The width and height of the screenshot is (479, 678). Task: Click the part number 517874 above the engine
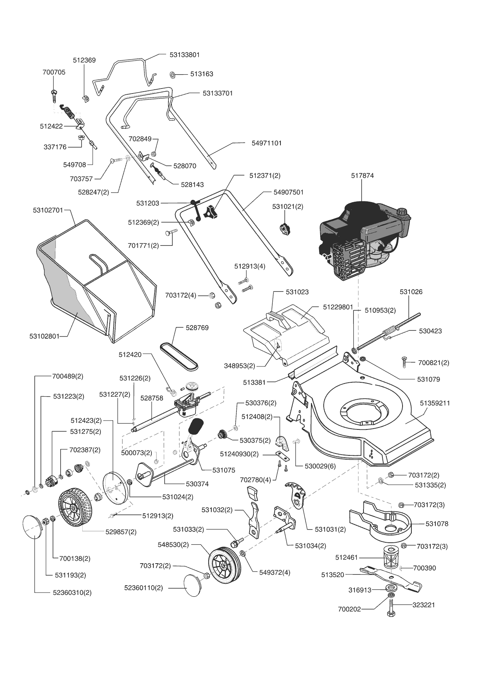pos(362,175)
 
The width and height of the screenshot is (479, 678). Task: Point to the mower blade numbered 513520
pos(391,579)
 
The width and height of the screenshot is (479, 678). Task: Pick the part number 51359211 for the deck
pos(435,403)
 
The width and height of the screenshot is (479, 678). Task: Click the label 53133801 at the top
pos(185,55)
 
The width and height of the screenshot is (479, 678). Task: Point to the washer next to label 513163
pos(173,74)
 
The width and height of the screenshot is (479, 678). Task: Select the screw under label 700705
pos(54,95)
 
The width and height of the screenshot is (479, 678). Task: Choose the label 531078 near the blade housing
pos(437,524)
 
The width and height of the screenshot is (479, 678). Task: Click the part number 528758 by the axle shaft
pos(151,398)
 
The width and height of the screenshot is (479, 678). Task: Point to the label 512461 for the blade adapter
pos(347,557)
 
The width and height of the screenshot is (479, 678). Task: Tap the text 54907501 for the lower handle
pos(288,192)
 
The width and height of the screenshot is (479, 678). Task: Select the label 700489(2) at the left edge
pos(68,376)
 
